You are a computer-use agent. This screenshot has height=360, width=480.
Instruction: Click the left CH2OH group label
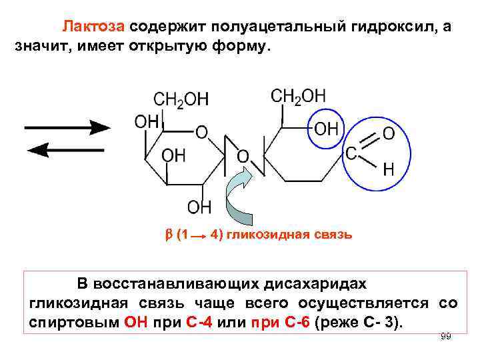[x=181, y=99]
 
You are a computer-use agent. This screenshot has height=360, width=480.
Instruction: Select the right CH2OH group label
[x=298, y=96]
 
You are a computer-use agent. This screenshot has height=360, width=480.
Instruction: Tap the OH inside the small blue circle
[x=326, y=128]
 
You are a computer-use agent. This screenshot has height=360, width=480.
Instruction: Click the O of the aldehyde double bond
[x=389, y=134]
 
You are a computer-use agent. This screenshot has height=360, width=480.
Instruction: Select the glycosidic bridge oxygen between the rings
[x=243, y=157]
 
